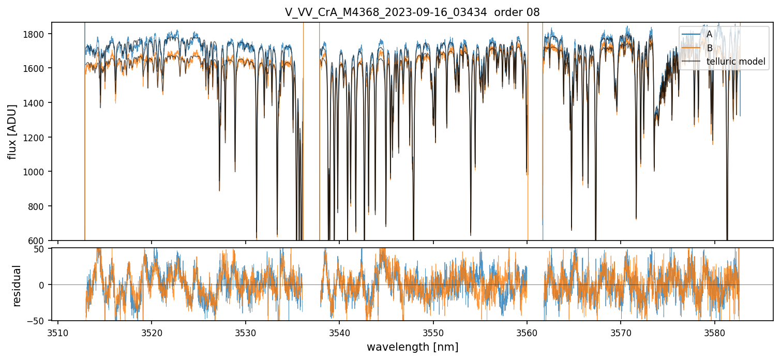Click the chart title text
click(x=412, y=12)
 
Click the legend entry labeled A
click(x=709, y=34)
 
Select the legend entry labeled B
click(x=709, y=48)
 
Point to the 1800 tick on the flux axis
click(x=37, y=34)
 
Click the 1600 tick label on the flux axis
click(x=37, y=68)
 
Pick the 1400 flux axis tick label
click(x=37, y=103)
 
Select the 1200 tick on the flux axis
click(x=37, y=138)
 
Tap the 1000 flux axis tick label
click(x=37, y=172)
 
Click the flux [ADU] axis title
click(x=12, y=131)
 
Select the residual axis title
click(x=17, y=286)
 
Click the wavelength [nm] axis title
click(x=412, y=347)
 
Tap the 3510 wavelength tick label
click(x=58, y=332)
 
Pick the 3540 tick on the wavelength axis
click(x=339, y=332)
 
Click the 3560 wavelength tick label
click(x=527, y=332)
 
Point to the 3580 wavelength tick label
click(x=715, y=332)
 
